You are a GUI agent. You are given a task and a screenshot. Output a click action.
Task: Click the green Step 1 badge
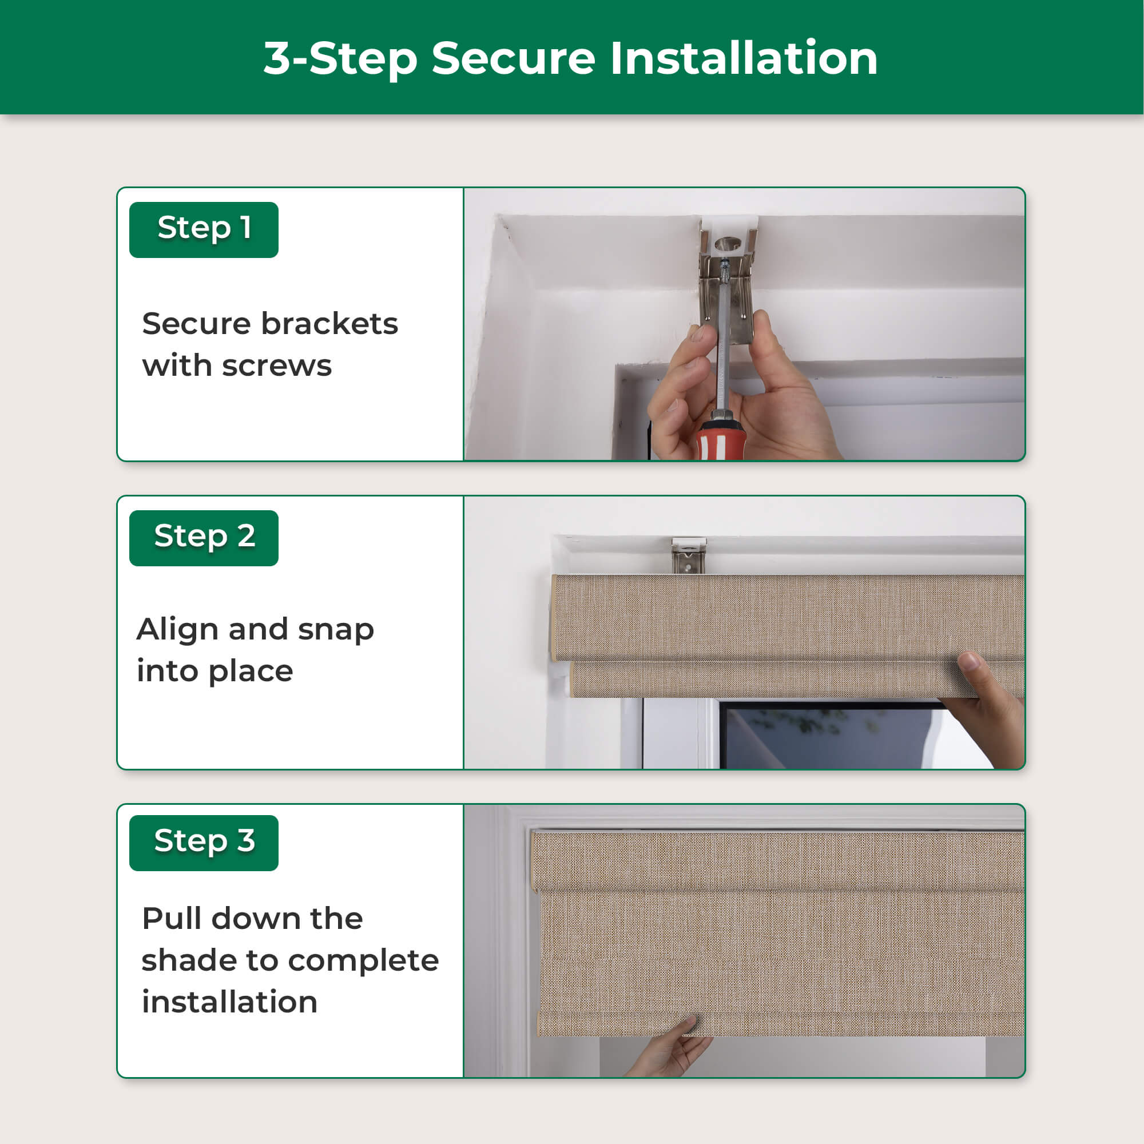coord(204,230)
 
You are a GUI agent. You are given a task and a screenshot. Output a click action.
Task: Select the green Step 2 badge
coord(204,538)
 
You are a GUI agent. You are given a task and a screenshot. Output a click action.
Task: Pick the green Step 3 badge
coord(204,843)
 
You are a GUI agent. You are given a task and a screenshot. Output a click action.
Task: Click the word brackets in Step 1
coord(329,324)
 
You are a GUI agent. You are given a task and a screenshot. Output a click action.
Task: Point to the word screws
coord(276,367)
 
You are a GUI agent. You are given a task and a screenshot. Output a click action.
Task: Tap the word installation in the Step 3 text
coord(230,1002)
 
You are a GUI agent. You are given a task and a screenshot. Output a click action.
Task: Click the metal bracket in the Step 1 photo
coord(727,279)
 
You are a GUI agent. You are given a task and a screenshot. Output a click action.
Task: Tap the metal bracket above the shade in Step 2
coord(689,555)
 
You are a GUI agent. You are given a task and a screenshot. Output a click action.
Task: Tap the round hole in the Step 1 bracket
coord(728,243)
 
